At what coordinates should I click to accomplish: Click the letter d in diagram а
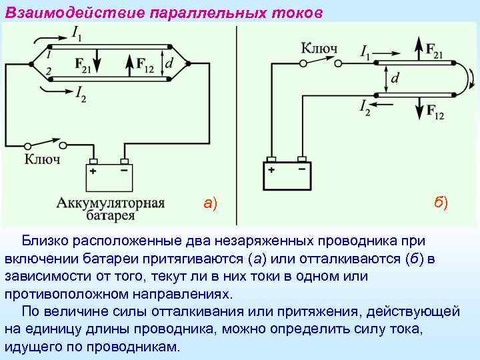click(x=171, y=63)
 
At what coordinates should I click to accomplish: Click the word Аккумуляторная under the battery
click(x=111, y=203)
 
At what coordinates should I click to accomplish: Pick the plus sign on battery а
click(x=93, y=171)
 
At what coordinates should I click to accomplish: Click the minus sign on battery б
click(x=302, y=169)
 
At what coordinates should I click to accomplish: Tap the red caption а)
click(x=211, y=203)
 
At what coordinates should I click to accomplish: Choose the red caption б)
click(x=441, y=202)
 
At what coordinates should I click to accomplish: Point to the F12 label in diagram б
click(x=435, y=111)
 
